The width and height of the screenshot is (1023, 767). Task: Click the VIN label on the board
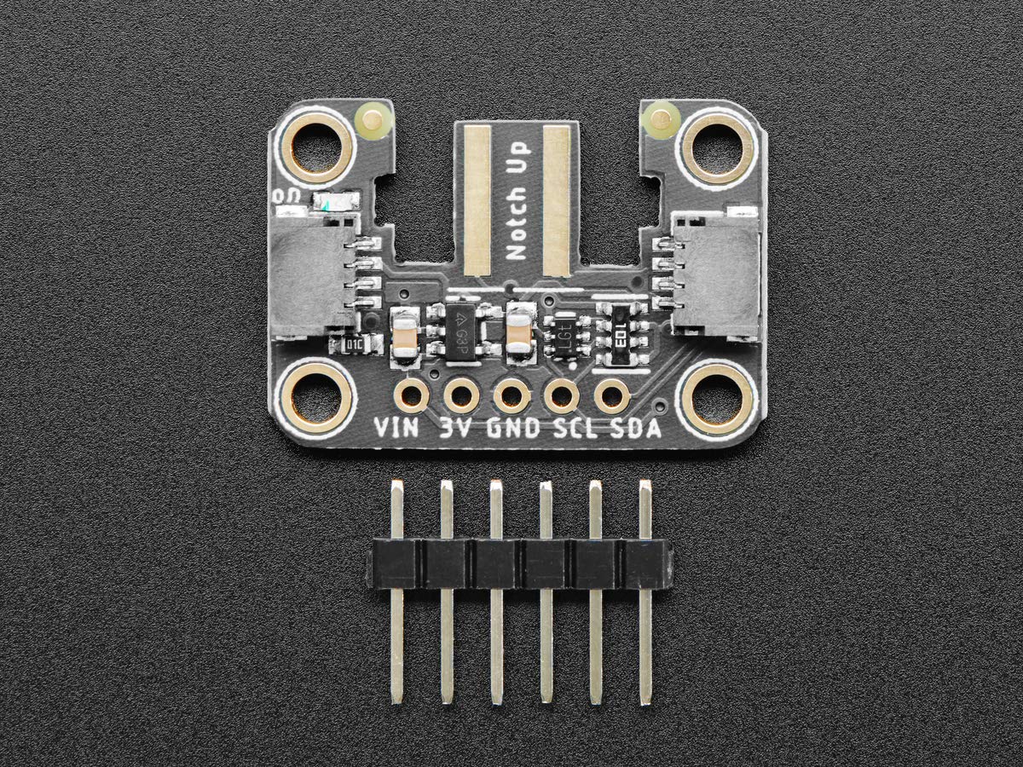(x=397, y=428)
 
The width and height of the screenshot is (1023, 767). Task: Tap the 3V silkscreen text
(x=458, y=428)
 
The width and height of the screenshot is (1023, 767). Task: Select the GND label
(x=513, y=428)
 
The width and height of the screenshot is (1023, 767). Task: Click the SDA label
(x=636, y=428)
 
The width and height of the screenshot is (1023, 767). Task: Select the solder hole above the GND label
(x=511, y=395)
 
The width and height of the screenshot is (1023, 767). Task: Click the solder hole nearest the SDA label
(x=611, y=395)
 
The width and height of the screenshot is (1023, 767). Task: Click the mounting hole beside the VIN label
(x=316, y=396)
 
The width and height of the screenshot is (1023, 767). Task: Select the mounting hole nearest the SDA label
(x=717, y=397)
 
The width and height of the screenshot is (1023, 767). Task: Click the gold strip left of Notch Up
(x=477, y=200)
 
